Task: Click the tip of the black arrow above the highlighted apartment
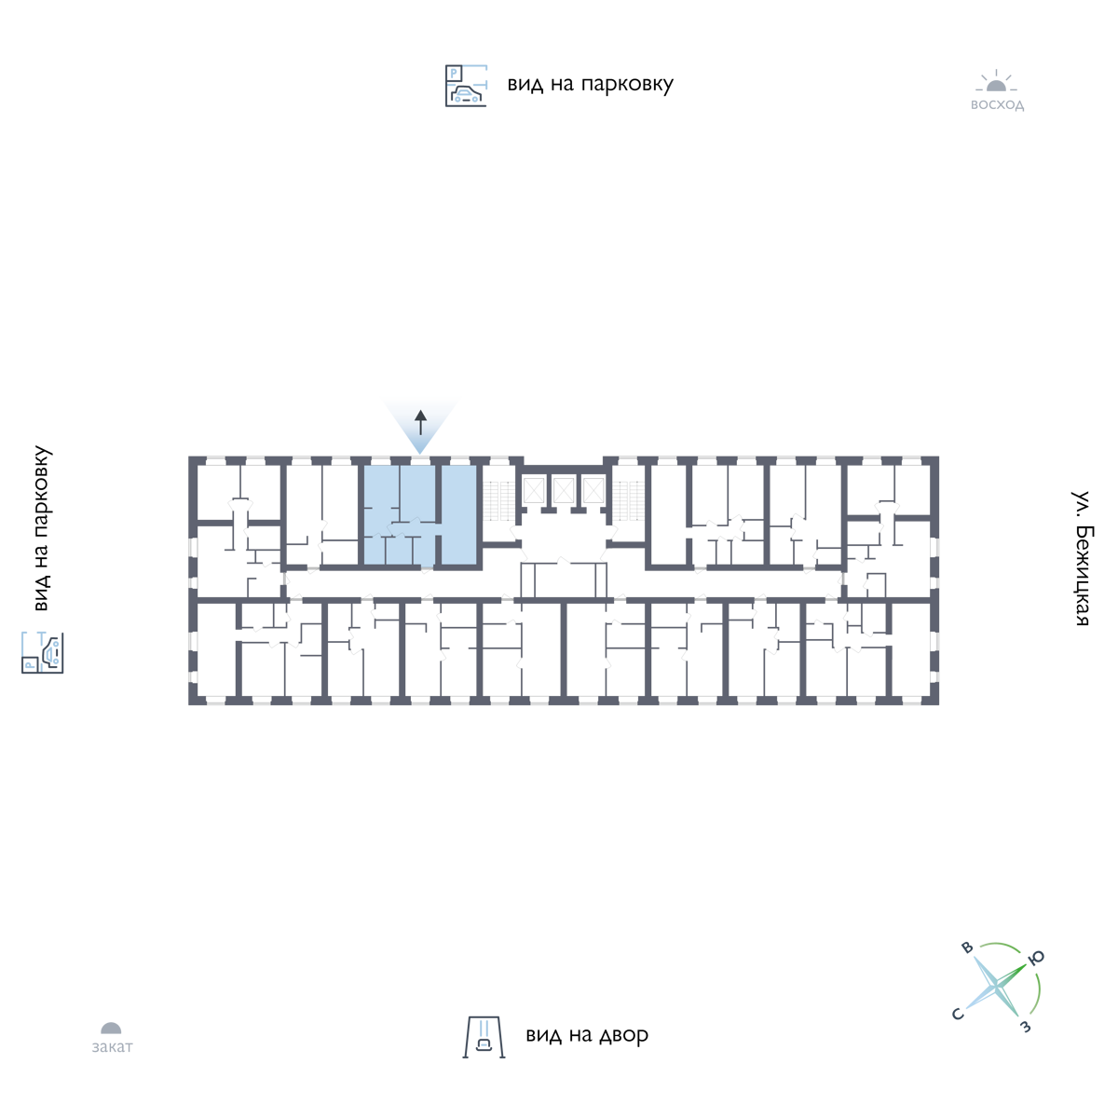(x=420, y=411)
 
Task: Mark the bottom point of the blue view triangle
(x=420, y=454)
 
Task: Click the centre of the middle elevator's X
(x=564, y=491)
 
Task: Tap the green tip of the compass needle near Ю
(x=1027, y=964)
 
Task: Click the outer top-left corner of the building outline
(x=189, y=457)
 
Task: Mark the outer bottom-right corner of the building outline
(x=939, y=705)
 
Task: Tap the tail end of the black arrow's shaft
(x=420, y=435)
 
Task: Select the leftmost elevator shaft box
(x=533, y=491)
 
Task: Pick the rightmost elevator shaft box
(x=593, y=491)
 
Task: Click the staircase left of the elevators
(x=499, y=500)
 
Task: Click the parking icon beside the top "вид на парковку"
(x=466, y=86)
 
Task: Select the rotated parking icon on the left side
(x=42, y=653)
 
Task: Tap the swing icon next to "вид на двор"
(x=484, y=1037)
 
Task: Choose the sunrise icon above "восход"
(x=997, y=82)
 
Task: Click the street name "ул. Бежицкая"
(x=1081, y=559)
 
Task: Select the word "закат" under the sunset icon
(x=113, y=1046)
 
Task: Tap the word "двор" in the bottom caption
(x=623, y=1036)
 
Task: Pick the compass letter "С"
(x=958, y=1014)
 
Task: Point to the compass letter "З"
(x=1026, y=1027)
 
